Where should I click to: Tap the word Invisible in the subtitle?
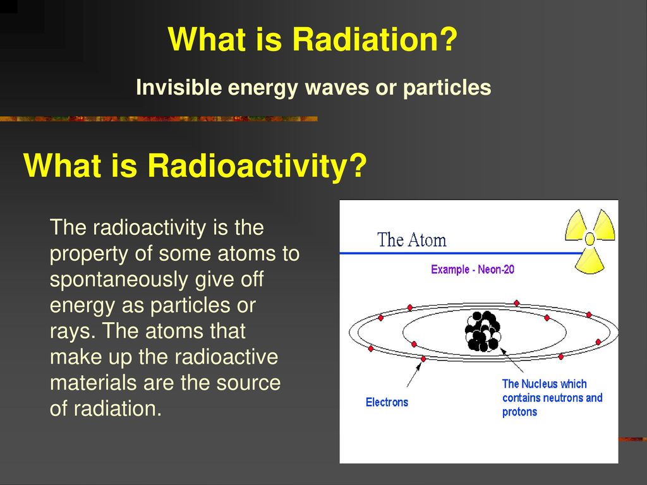tap(179, 87)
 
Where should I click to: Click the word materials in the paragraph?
tap(94, 382)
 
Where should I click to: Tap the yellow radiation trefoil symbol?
tap(590, 239)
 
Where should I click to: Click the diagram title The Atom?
tap(411, 239)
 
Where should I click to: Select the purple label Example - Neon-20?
tap(473, 269)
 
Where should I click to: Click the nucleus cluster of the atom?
tap(482, 331)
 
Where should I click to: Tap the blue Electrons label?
tap(387, 402)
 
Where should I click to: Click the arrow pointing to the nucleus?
tap(512, 360)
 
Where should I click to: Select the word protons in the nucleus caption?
tap(519, 412)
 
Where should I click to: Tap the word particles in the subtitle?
tap(447, 87)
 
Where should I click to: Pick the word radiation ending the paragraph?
tap(118, 409)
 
